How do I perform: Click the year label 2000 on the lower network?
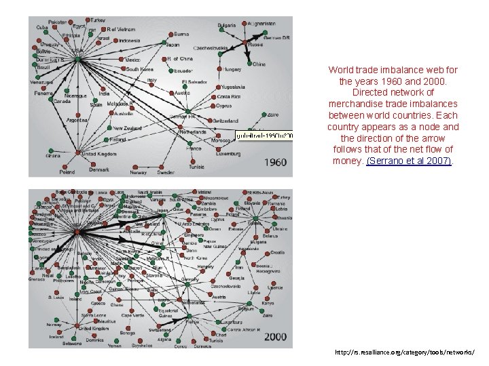274,336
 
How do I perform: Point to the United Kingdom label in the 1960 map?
98,154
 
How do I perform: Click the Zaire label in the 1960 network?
273,115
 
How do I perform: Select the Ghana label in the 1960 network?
53,155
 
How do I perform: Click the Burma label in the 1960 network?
181,33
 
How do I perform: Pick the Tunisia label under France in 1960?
196,166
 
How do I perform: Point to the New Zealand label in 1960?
127,127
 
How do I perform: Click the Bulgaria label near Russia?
227,26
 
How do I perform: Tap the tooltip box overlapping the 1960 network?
264,136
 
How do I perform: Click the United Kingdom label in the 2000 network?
94,327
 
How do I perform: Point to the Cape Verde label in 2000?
132,315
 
